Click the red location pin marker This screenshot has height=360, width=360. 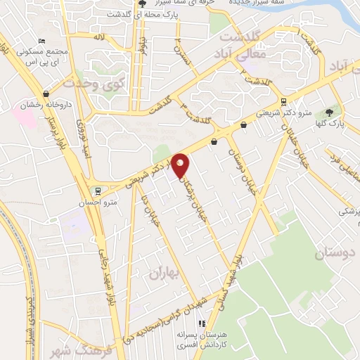click(x=181, y=166)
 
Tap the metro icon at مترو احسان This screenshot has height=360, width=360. click(x=97, y=190)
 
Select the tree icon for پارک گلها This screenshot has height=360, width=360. click(x=329, y=112)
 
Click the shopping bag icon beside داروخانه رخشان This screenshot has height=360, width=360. click(x=46, y=94)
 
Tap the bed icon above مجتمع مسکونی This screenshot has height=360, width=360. click(x=43, y=41)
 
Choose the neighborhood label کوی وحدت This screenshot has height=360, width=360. click(x=93, y=84)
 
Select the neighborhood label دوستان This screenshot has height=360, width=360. click(x=335, y=253)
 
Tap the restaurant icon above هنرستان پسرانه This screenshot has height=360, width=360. click(x=202, y=324)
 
